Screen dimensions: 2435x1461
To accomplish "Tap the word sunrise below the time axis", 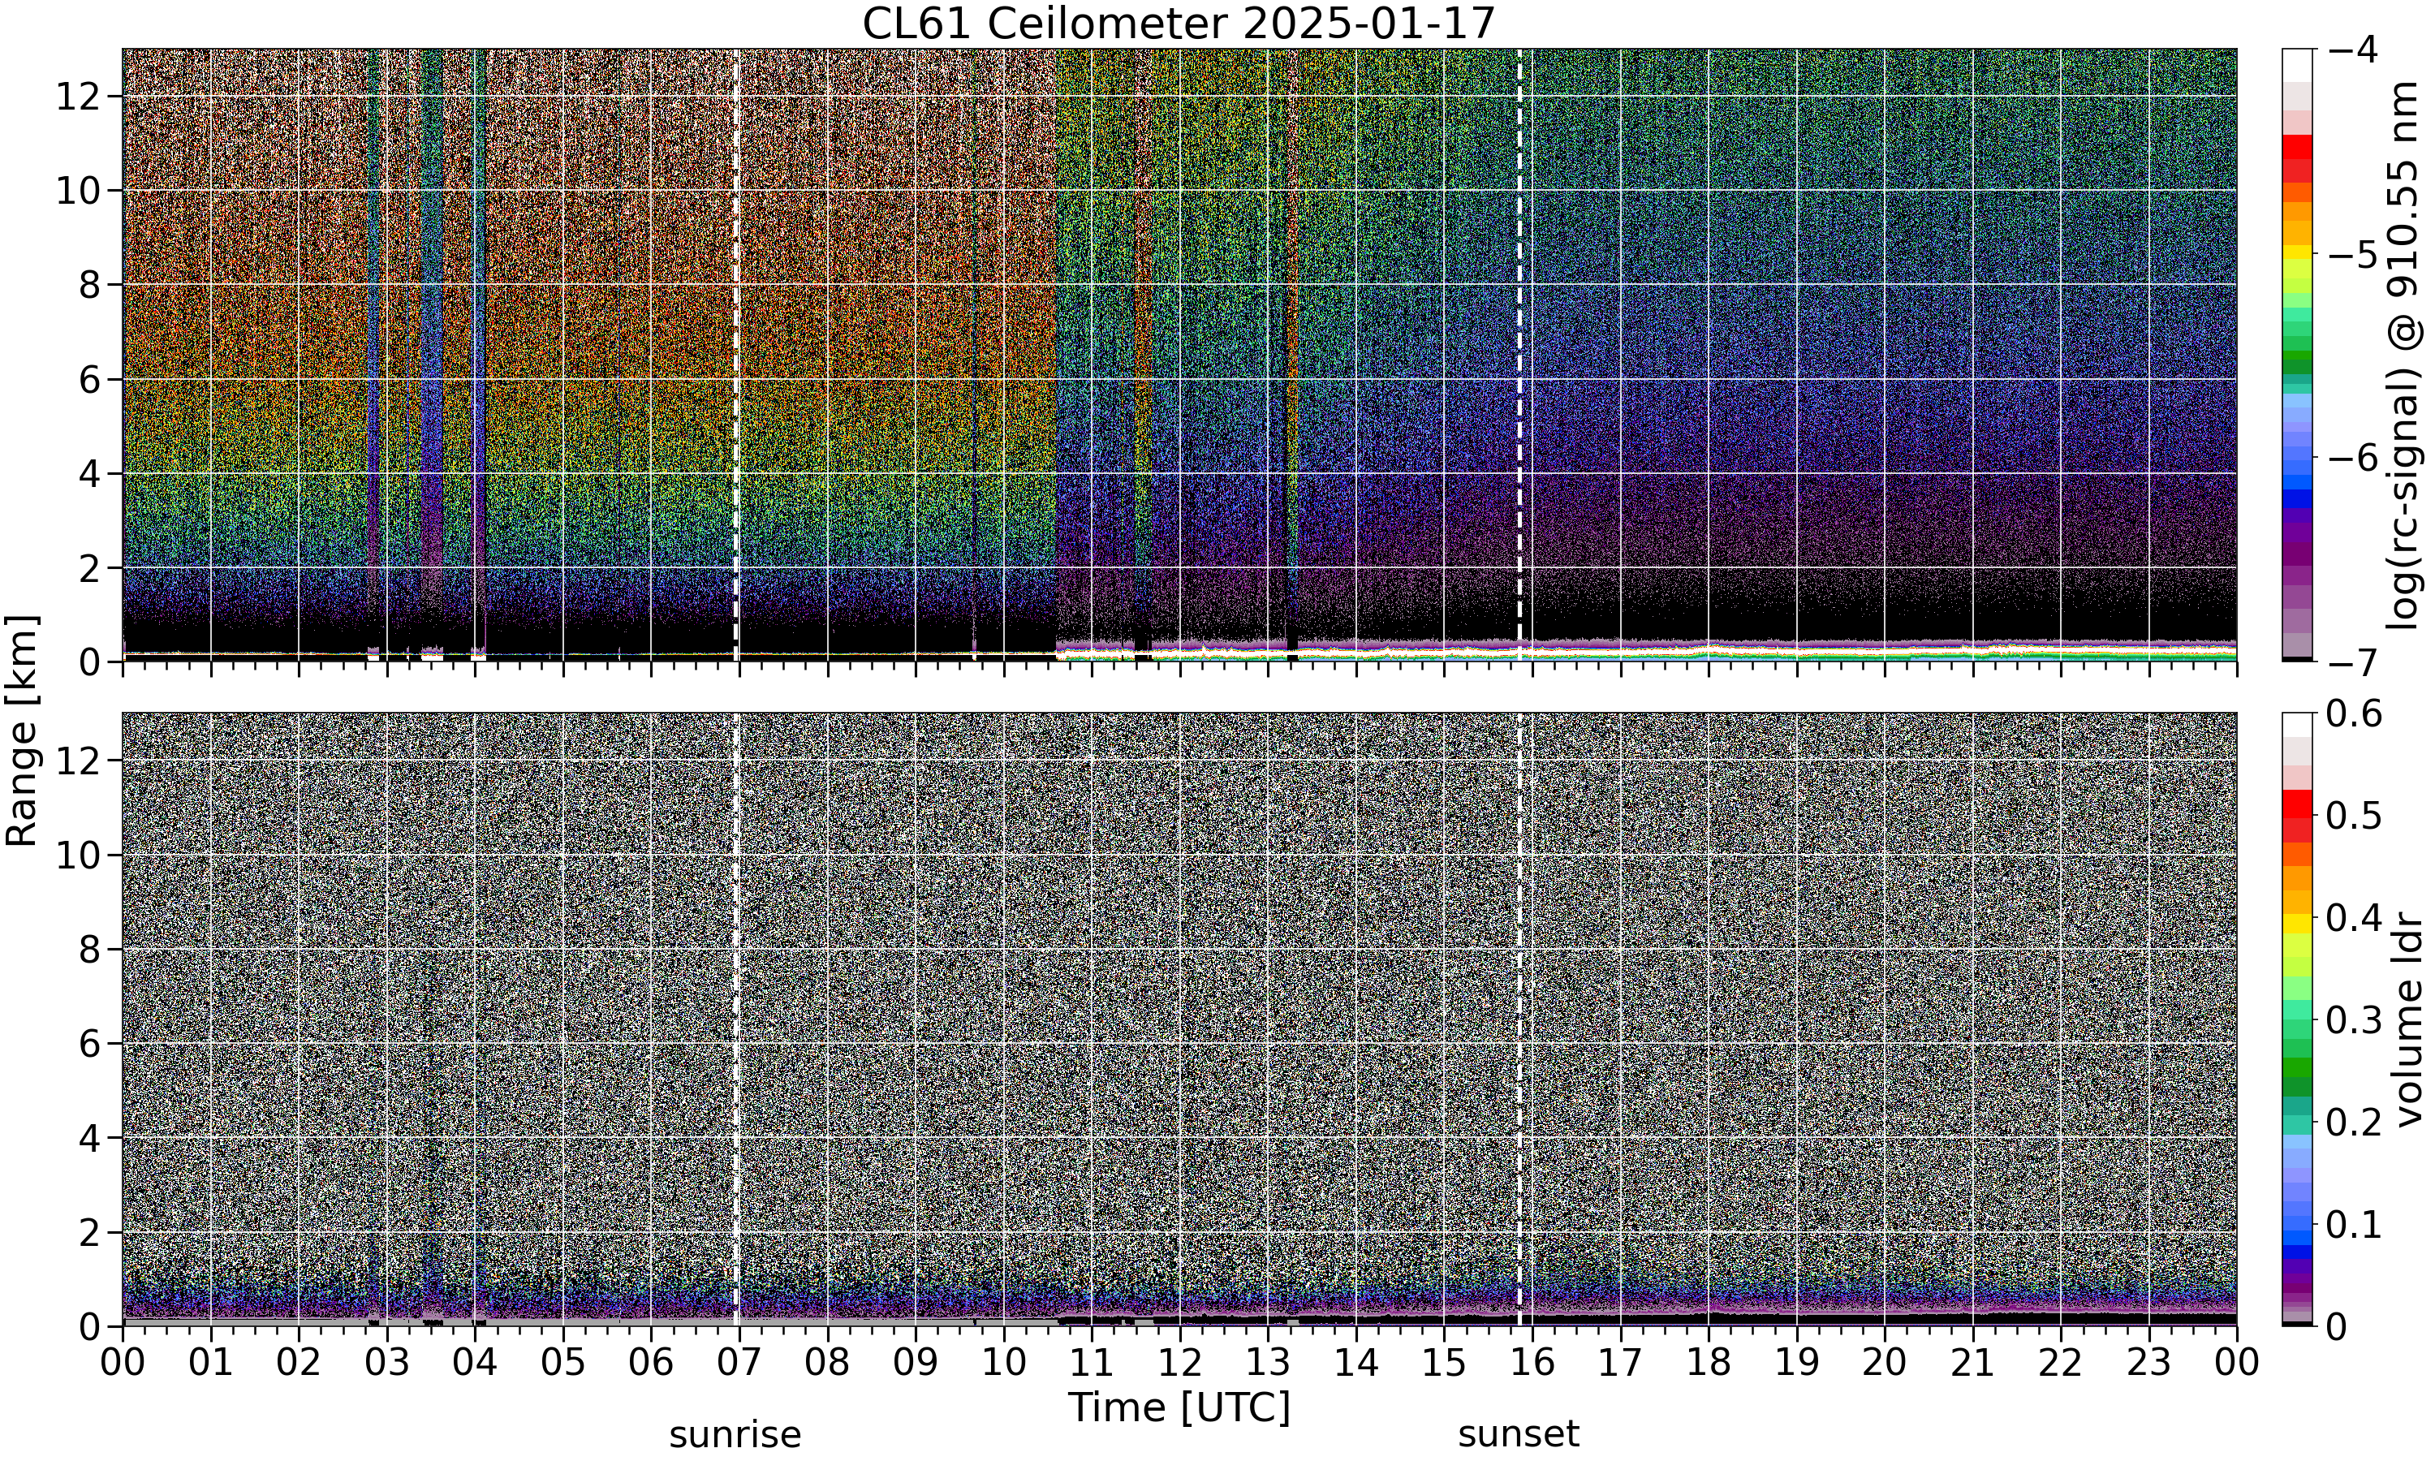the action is coord(735,1434).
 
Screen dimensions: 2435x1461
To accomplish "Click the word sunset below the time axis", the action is coord(1519,1434).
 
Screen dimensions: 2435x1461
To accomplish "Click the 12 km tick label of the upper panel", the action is coord(77,97).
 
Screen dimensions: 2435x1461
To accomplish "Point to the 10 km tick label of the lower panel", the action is coord(77,855).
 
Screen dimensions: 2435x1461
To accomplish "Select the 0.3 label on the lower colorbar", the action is coord(2353,1021).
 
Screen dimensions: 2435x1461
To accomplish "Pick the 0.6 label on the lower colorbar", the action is coord(2353,713).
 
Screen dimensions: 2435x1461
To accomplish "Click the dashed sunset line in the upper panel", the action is coord(1519,356).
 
